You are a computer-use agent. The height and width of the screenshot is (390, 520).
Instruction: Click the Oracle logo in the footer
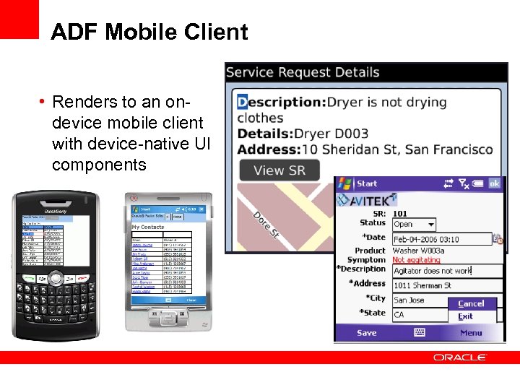click(x=460, y=357)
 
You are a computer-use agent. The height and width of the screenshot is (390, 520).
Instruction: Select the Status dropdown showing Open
click(x=414, y=225)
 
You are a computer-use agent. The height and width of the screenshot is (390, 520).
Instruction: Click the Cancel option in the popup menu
click(x=471, y=303)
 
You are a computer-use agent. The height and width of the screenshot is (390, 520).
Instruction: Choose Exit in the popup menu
click(x=465, y=316)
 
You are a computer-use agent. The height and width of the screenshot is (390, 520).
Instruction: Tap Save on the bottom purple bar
click(x=367, y=333)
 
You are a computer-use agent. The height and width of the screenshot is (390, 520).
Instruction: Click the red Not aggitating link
click(x=416, y=260)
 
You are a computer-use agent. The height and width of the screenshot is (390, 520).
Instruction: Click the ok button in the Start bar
click(x=494, y=183)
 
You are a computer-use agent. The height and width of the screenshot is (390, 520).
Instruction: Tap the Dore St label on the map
click(x=266, y=224)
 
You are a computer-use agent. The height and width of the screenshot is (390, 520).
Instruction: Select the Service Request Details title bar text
click(x=303, y=72)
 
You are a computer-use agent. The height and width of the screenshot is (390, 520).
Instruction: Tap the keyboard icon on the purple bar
click(x=419, y=333)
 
